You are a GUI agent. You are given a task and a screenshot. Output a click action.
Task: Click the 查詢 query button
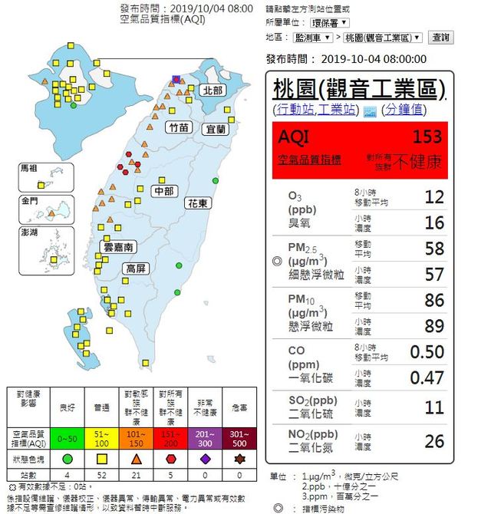pyautogui.click(x=440, y=37)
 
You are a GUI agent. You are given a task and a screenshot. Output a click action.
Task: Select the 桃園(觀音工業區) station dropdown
pyautogui.click(x=383, y=37)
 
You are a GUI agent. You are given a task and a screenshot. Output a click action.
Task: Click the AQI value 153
pyautogui.click(x=427, y=137)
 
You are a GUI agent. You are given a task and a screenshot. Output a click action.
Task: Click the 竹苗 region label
pyautogui.click(x=178, y=127)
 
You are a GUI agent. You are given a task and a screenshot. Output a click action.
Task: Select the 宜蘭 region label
pyautogui.click(x=216, y=130)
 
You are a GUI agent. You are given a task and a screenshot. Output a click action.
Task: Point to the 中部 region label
pyautogui.click(x=163, y=190)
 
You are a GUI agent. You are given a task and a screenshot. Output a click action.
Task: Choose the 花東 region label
pyautogui.click(x=197, y=203)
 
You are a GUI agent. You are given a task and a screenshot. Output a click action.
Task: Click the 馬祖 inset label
pyautogui.click(x=29, y=167)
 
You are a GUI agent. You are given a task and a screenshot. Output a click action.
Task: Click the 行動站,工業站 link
pyautogui.click(x=315, y=110)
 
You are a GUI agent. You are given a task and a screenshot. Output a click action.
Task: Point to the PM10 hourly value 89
pyautogui.click(x=434, y=326)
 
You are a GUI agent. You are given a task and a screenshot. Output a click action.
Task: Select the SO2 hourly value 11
pyautogui.click(x=434, y=407)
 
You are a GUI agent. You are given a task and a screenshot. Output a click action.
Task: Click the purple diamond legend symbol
pyautogui.click(x=205, y=460)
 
